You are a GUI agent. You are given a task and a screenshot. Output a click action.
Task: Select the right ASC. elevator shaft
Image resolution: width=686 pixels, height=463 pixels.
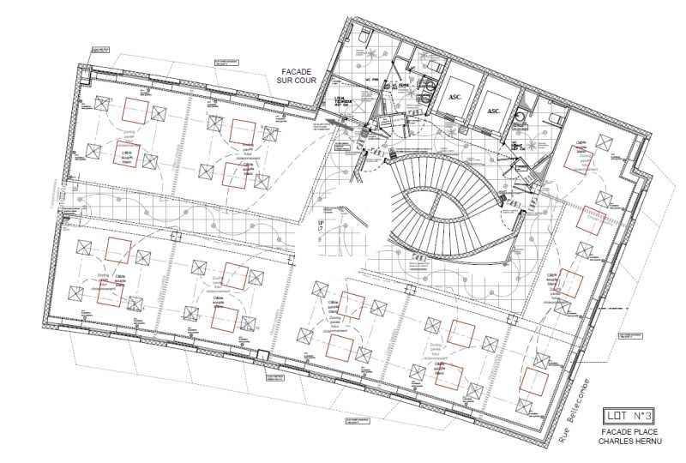tap(493, 111)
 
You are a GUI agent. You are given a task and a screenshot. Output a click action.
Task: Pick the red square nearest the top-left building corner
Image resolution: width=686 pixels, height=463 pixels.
tap(134, 110)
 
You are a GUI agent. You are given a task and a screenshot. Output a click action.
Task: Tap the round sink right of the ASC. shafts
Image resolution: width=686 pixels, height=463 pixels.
tap(521, 114)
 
